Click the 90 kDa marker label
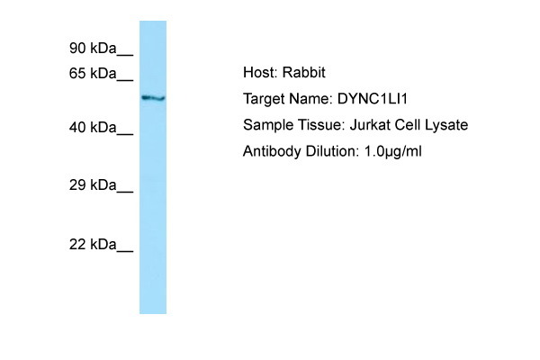pyautogui.click(x=93, y=49)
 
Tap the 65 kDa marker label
pyautogui.click(x=93, y=74)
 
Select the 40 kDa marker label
pyautogui.click(x=93, y=128)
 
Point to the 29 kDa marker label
pyautogui.click(x=93, y=185)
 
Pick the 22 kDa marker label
pyautogui.click(x=93, y=244)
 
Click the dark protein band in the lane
pyautogui.click(x=153, y=98)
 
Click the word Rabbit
pyautogui.click(x=304, y=73)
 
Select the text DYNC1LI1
pyautogui.click(x=373, y=99)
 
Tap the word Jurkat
pyautogui.click(x=370, y=125)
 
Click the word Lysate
pyautogui.click(x=446, y=125)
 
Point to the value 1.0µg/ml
pyautogui.click(x=392, y=151)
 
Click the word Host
pyautogui.click(x=260, y=73)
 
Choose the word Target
pyautogui.click(x=265, y=100)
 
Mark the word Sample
pyautogui.click(x=268, y=125)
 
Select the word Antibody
pyautogui.click(x=272, y=151)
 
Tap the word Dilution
pyautogui.click(x=332, y=151)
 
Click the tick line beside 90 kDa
pyautogui.click(x=125, y=54)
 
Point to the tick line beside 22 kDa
pyautogui.click(x=125, y=251)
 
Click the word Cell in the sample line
pyautogui.click(x=408, y=125)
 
